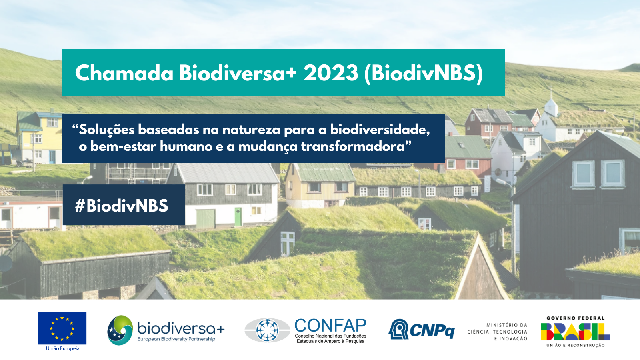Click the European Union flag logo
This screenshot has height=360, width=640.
[x=62, y=328]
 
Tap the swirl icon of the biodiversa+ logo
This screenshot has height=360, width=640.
[x=120, y=330]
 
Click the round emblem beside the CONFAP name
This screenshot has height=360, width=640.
[x=267, y=330]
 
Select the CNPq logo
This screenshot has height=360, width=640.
[x=422, y=330]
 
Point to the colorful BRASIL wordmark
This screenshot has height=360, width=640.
[x=576, y=332]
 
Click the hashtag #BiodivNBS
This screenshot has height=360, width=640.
[x=122, y=206]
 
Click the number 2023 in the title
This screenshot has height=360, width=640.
[x=330, y=73]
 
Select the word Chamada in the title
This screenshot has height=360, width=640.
[x=124, y=73]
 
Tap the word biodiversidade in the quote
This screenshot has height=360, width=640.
[x=380, y=130]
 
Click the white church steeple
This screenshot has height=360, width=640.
[x=551, y=103]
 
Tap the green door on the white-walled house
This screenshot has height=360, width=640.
[x=238, y=217]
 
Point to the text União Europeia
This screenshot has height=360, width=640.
[x=62, y=348]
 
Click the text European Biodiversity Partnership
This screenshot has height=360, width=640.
[x=176, y=339]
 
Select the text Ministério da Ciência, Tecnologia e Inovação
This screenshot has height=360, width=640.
[x=498, y=332]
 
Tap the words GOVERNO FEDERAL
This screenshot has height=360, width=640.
[x=576, y=318]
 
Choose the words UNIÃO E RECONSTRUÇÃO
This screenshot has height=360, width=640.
[x=576, y=346]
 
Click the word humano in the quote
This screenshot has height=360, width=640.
[x=186, y=146]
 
